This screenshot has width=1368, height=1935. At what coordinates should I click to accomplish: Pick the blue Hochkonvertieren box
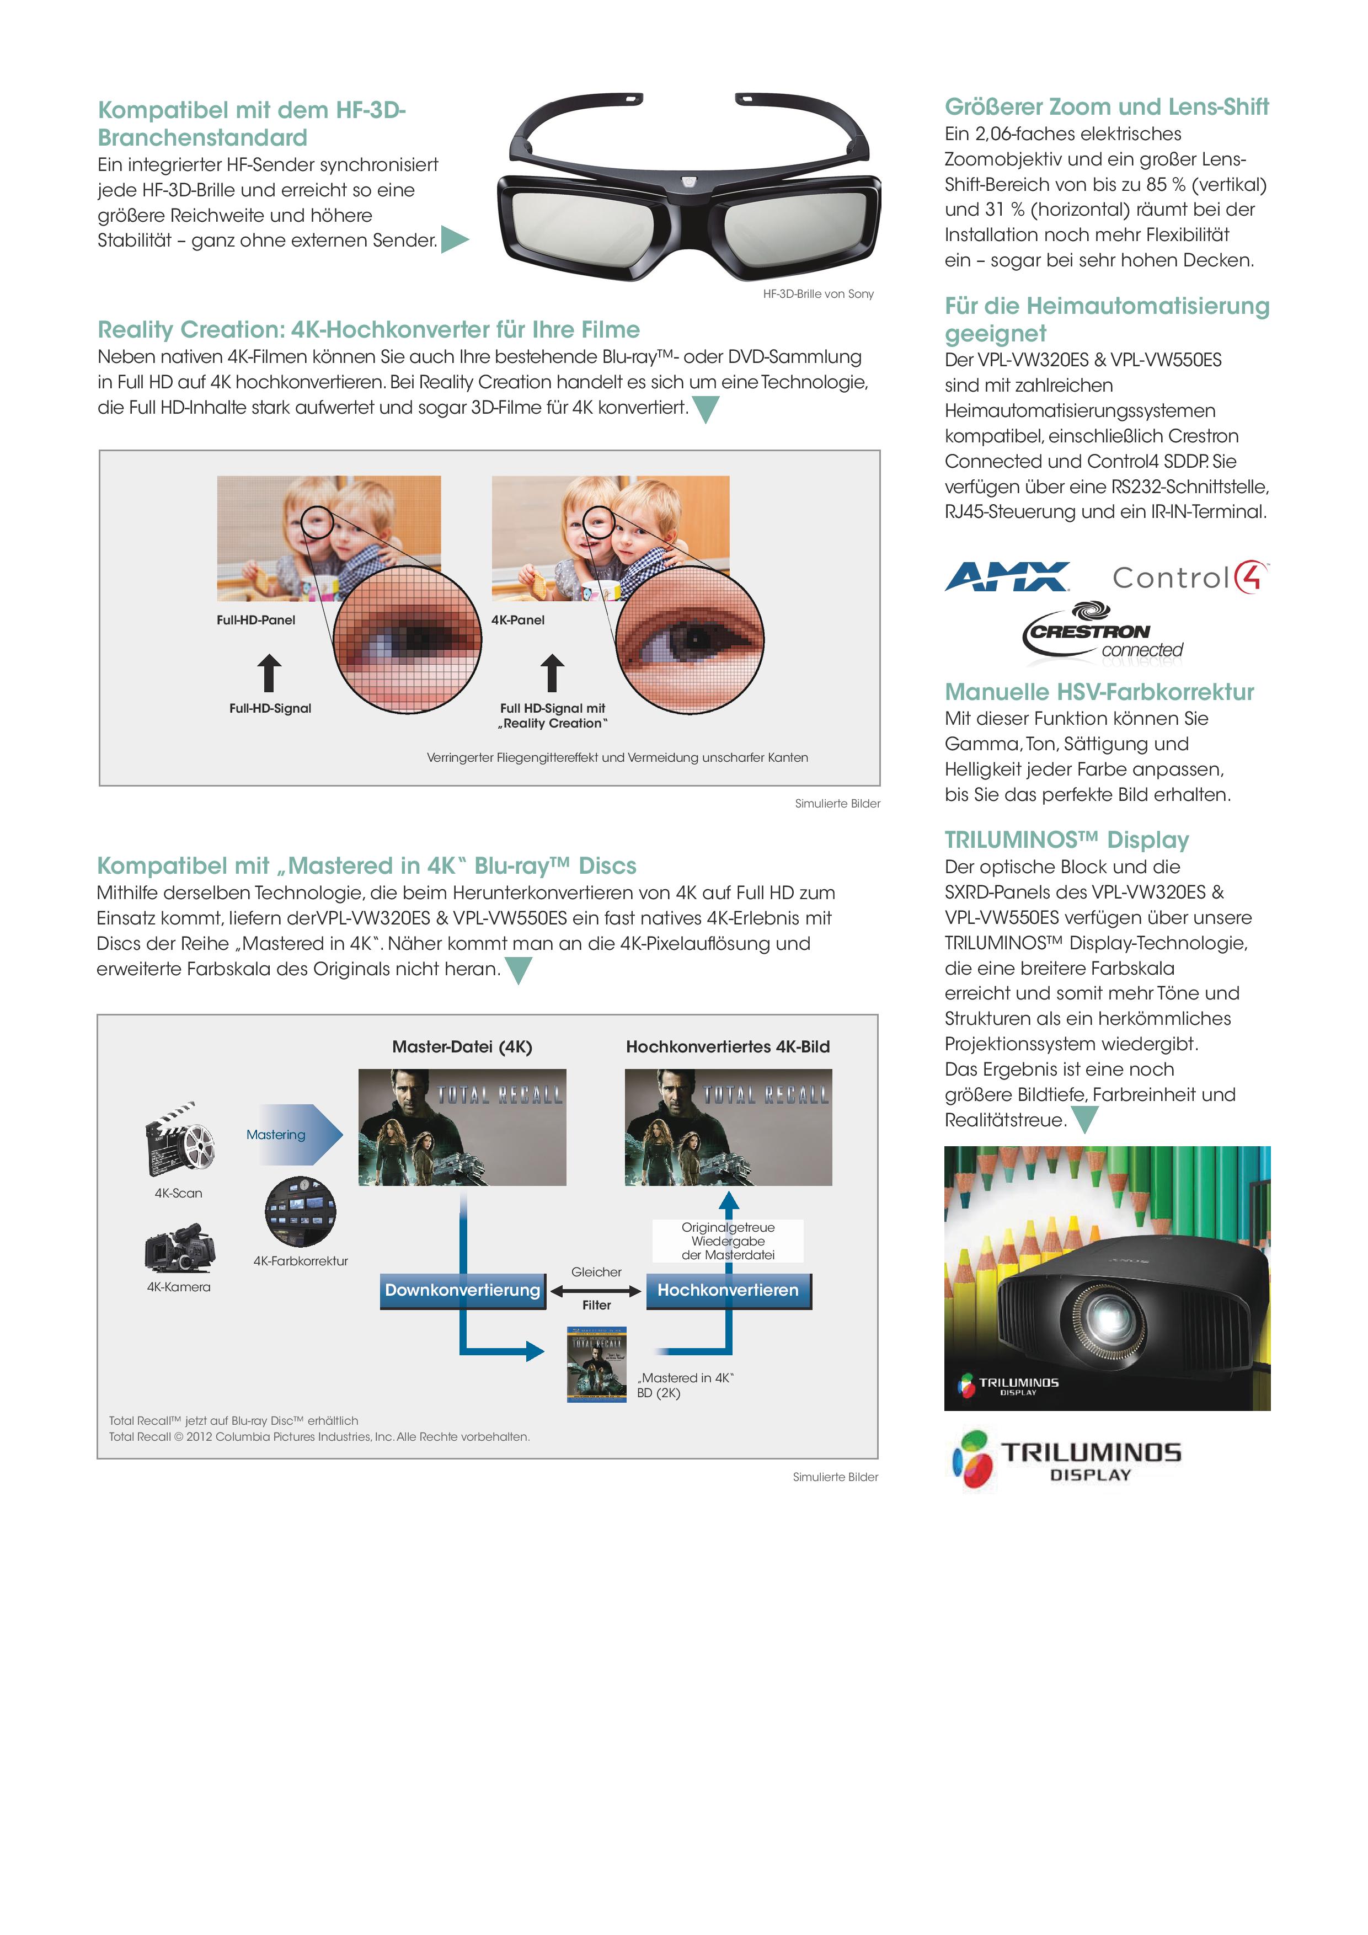[x=728, y=1290]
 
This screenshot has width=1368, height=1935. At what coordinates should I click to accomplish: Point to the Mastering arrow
[x=294, y=1135]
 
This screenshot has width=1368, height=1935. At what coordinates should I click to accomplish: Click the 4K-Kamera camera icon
[x=179, y=1248]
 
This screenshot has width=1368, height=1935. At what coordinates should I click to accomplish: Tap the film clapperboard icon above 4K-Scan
[x=179, y=1138]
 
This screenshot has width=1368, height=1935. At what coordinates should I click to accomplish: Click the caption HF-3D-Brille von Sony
[x=817, y=294]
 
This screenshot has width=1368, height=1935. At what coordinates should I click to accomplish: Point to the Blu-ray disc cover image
[x=597, y=1365]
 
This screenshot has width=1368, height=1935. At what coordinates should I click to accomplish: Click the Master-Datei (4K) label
[x=462, y=1047]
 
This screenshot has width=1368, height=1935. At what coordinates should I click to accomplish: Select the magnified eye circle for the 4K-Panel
[x=690, y=640]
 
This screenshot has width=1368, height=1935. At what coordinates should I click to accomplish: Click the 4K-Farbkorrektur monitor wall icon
[x=300, y=1211]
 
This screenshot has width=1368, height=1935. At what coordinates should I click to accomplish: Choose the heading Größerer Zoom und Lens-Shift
[x=1107, y=107]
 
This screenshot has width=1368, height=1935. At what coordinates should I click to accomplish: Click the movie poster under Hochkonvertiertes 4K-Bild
[x=728, y=1127]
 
